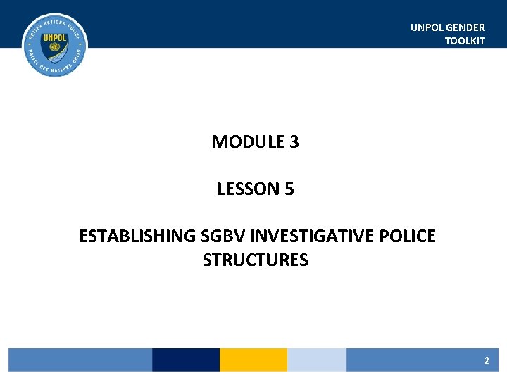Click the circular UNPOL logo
(55, 45)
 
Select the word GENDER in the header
(466, 27)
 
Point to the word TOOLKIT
(465, 41)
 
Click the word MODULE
(246, 142)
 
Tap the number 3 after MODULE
(294, 142)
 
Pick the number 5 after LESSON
(289, 189)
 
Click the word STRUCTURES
(255, 260)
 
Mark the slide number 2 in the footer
(487, 360)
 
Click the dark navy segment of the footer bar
(186, 360)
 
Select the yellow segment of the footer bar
(254, 360)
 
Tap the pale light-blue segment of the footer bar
(317, 360)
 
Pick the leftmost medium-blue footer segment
(80, 360)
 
